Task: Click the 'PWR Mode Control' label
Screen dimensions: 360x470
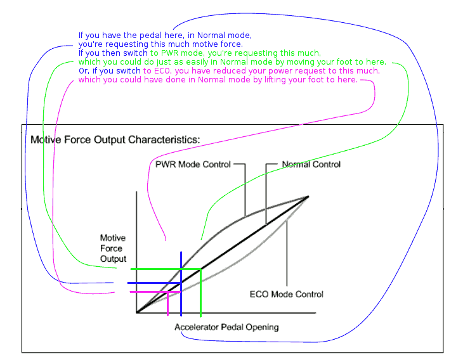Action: point(193,164)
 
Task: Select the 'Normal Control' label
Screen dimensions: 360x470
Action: point(311,164)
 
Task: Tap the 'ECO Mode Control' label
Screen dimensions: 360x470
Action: point(287,294)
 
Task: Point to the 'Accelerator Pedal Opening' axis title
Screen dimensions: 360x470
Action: point(226,327)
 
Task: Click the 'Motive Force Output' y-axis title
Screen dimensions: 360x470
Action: point(113,248)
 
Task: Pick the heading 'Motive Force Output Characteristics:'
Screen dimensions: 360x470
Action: point(115,139)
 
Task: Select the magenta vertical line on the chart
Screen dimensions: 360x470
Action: point(167,303)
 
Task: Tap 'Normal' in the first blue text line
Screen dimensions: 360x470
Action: point(213,35)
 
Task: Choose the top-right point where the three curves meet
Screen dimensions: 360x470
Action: point(308,196)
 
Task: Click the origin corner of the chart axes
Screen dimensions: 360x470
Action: point(137,312)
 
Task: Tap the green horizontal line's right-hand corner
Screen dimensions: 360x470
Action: point(200,269)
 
